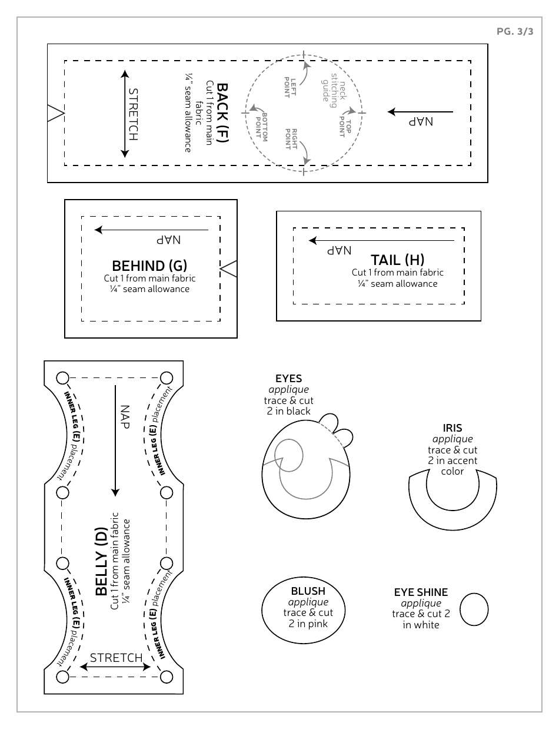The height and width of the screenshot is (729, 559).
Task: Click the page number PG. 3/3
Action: [x=515, y=32]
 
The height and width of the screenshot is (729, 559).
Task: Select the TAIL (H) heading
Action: [x=397, y=260]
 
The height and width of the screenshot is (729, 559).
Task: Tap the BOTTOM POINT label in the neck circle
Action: [x=261, y=125]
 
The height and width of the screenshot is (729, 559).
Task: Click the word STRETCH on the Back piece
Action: [x=133, y=114]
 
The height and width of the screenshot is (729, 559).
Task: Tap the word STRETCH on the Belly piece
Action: [x=116, y=658]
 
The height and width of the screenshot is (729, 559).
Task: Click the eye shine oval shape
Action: [x=474, y=609]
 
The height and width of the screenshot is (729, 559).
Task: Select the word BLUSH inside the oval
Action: [x=308, y=591]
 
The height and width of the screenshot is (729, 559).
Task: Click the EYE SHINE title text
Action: [x=421, y=592]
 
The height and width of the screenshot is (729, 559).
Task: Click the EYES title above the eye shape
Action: [x=288, y=379]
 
